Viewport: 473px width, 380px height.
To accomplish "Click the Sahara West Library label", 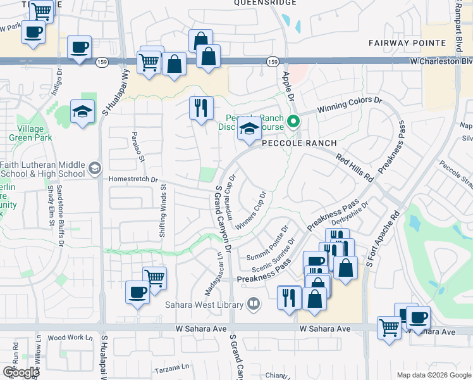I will coord(205,305).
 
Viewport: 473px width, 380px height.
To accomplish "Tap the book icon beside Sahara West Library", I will coord(253,305).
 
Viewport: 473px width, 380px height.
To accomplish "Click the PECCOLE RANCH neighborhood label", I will coord(300,143).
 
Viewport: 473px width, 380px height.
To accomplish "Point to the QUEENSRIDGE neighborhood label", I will coord(265,3).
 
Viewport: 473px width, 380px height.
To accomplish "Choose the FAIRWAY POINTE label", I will coord(407,42).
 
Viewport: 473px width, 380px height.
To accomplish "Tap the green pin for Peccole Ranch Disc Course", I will coord(293,120).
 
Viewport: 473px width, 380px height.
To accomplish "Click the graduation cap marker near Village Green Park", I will coord(83,112).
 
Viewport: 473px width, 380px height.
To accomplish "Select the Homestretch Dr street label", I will coord(133,179).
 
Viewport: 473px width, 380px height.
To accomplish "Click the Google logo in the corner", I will coord(20,372).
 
